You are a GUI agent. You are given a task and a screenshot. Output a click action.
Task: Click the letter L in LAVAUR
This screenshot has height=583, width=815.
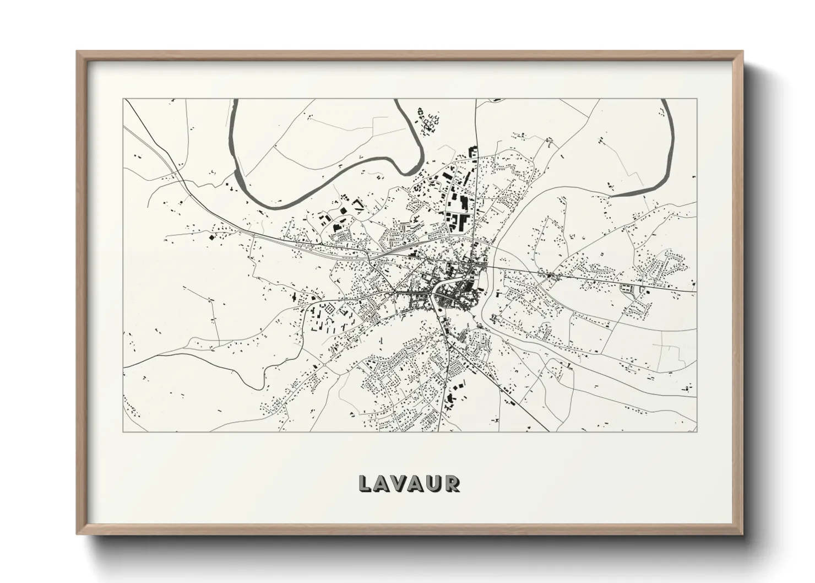pos(365,483)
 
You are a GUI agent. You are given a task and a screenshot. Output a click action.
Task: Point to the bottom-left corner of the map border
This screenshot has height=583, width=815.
pos(123,431)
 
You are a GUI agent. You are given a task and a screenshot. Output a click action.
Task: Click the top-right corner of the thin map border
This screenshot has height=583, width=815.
pos(697,99)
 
